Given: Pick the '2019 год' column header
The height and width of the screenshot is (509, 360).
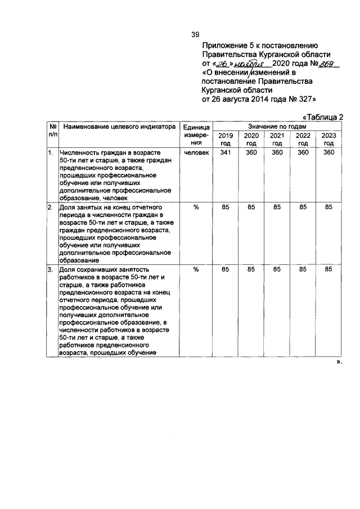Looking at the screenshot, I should tap(225, 139).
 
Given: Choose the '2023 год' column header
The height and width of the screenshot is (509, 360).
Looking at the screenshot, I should tap(329, 139).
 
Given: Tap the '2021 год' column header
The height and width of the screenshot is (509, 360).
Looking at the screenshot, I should tap(277, 139).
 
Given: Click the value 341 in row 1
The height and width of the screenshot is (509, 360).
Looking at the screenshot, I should tap(225, 152).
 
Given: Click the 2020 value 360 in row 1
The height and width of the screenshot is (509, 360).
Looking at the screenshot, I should tap(251, 152).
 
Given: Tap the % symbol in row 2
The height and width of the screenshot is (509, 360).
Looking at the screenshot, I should tap(196, 208).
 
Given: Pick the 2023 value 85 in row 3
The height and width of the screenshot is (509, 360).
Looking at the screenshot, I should tap(329, 269).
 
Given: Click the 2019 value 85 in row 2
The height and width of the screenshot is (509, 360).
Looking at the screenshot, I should tap(225, 208).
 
